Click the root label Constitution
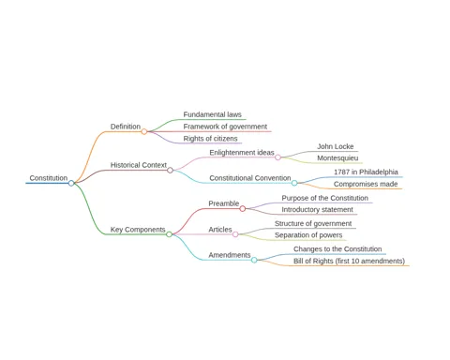[x=49, y=178]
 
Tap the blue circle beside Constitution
[x=71, y=183]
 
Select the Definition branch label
[x=126, y=127]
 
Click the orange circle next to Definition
[x=144, y=131]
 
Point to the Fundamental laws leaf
[x=212, y=114]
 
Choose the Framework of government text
[x=225, y=127]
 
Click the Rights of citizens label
[x=210, y=139]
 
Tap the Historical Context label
[x=139, y=165]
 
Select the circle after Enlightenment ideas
[x=277, y=157]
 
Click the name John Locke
[x=336, y=146]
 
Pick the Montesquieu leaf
[x=337, y=158]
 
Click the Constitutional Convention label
[x=250, y=178]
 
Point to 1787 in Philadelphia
[x=366, y=172]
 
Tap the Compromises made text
[x=366, y=184]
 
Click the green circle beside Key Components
[x=169, y=234]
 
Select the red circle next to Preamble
[x=243, y=208]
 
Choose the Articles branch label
[x=220, y=230]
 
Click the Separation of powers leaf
[x=308, y=235]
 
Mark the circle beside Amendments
[x=254, y=260]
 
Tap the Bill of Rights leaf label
[x=349, y=261]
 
